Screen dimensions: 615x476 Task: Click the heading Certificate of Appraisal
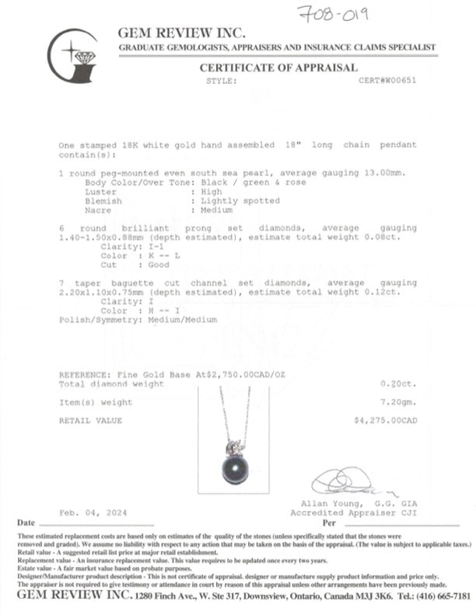278,68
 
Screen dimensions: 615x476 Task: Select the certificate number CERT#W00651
387,80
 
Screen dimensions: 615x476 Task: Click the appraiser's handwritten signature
349,485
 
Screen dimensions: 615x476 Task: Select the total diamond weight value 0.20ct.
401,384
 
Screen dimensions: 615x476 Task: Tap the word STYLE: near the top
220,80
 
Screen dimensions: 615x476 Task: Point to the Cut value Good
159,264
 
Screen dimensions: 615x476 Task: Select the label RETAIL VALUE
90,420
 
